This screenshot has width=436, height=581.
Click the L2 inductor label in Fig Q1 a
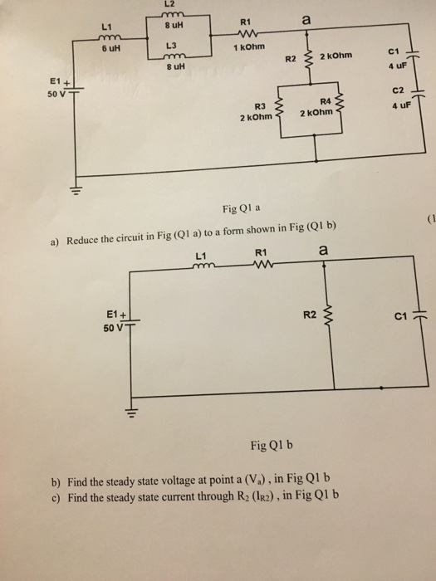pos(176,7)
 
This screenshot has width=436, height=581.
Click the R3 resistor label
pos(258,107)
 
